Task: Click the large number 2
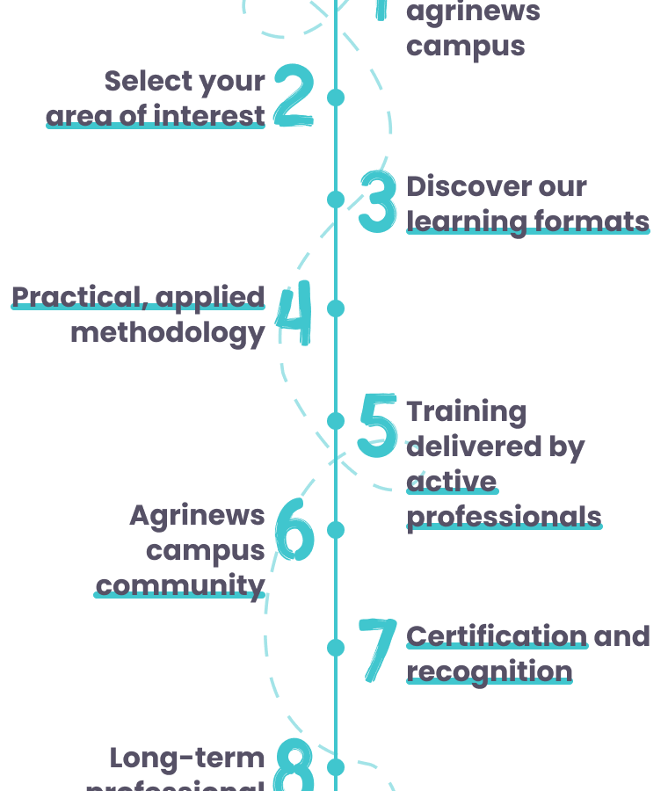tap(293, 96)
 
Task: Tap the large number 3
tap(378, 201)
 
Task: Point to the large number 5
tap(378, 425)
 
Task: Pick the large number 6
tap(294, 530)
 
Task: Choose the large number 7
tap(378, 649)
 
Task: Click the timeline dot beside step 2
tap(336, 97)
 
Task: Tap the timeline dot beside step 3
tap(336, 200)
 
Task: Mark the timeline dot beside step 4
tap(336, 308)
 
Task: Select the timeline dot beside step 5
tap(336, 421)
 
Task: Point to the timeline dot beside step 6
tap(336, 530)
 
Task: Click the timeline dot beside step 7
tap(336, 648)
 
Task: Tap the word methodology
tap(168, 333)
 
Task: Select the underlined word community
tap(180, 585)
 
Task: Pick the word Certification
tap(497, 635)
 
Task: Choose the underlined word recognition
tap(489, 671)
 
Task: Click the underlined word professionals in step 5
tap(504, 516)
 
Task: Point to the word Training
tap(466, 411)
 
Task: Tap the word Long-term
tap(187, 758)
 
